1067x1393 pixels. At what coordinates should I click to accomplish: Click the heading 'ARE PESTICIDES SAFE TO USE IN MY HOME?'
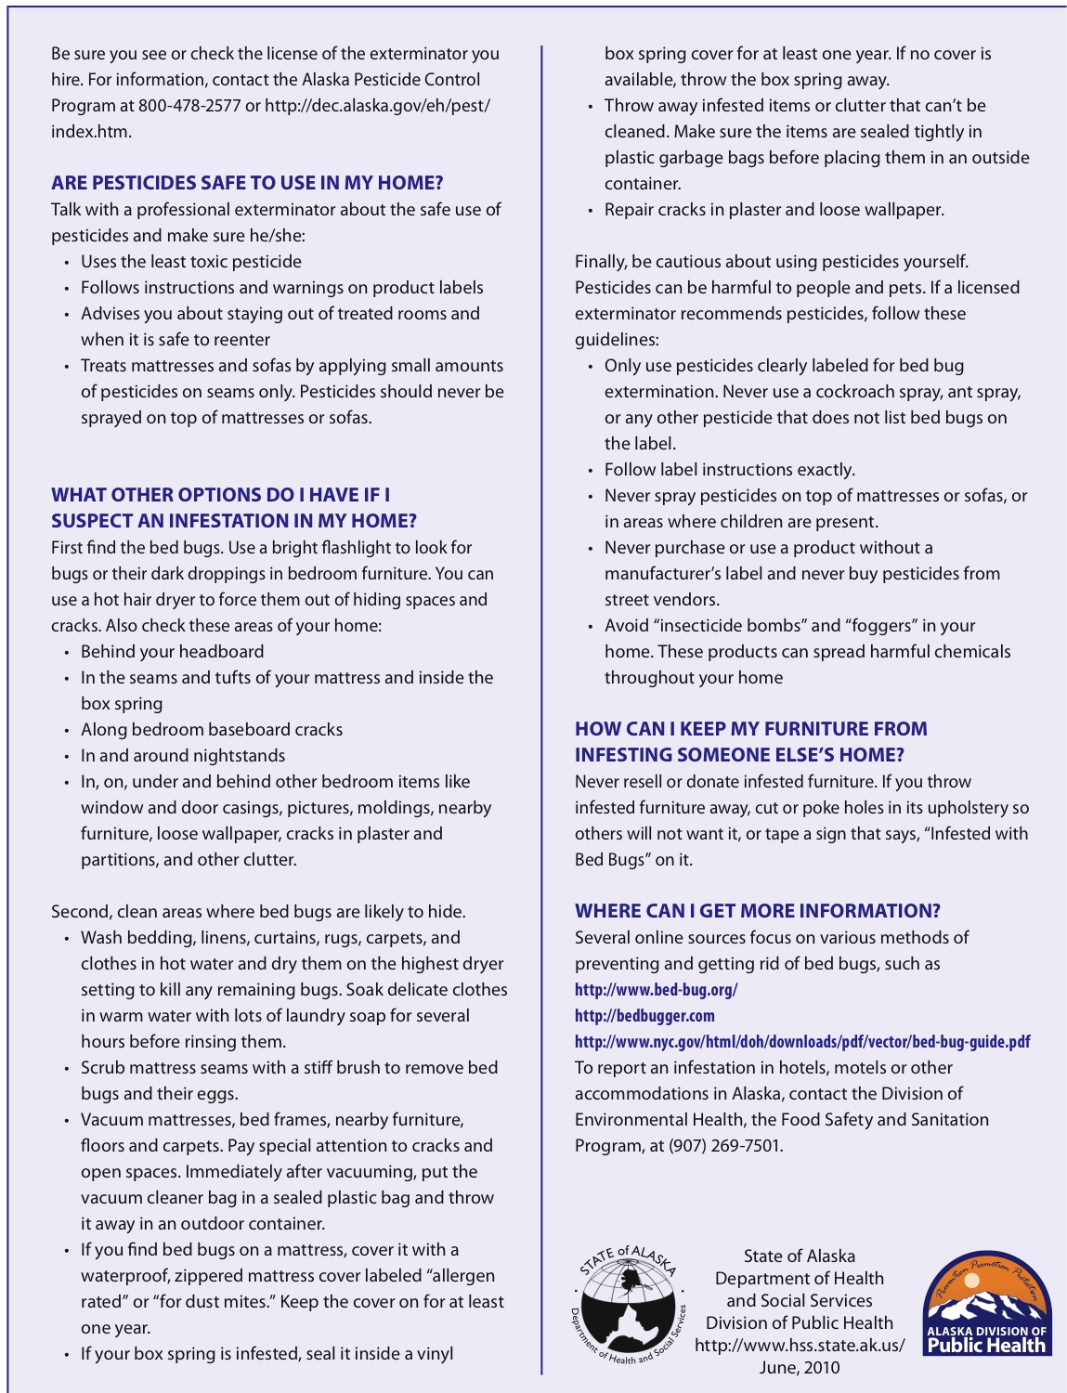(x=247, y=183)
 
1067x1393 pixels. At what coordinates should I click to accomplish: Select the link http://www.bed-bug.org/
(x=656, y=990)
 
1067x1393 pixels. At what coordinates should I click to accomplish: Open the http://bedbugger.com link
(x=644, y=1016)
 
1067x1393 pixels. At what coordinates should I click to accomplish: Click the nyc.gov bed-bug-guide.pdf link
(x=801, y=1042)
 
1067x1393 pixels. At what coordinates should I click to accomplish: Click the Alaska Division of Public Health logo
(x=986, y=1302)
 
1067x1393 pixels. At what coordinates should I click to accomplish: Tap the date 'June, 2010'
(x=800, y=1367)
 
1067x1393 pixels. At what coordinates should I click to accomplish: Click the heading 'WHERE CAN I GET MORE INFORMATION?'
(x=757, y=911)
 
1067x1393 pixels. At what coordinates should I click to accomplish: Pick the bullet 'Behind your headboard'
(x=172, y=652)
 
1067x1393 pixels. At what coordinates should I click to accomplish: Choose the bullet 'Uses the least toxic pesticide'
(x=190, y=262)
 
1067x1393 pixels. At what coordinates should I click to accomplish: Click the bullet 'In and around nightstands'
(x=183, y=756)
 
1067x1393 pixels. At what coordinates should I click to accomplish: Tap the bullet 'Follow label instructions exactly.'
(x=729, y=470)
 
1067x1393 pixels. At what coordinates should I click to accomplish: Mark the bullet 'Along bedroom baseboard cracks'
(x=212, y=730)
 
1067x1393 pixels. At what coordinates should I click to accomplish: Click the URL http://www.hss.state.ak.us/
(x=800, y=1345)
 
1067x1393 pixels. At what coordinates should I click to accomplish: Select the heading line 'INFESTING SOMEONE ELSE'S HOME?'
(x=739, y=755)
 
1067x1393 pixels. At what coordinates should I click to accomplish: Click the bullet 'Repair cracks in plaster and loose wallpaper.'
(x=774, y=210)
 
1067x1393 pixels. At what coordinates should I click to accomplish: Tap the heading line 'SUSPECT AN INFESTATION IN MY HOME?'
(x=234, y=521)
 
